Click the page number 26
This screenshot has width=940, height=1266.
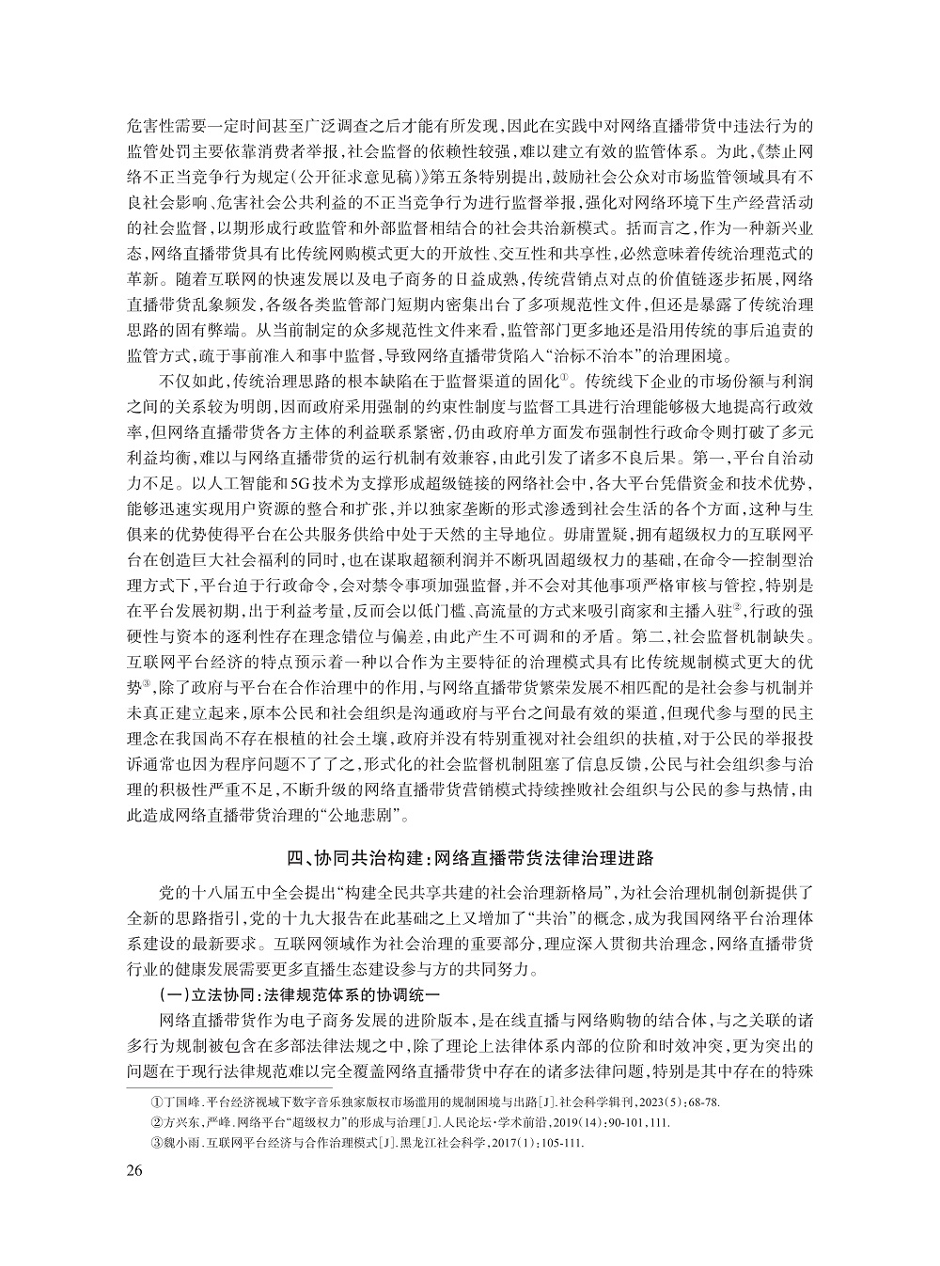[133, 1170]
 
